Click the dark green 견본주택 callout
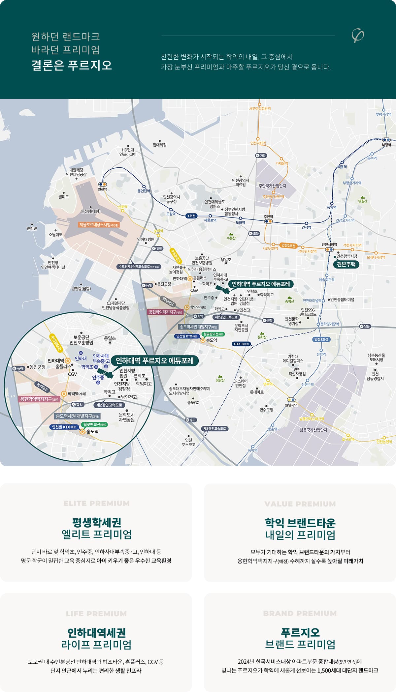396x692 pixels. [346, 264]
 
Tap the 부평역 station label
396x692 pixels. [386, 145]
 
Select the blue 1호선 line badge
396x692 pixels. [191, 216]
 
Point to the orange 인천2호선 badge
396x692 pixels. [288, 245]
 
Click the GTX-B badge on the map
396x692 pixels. [241, 344]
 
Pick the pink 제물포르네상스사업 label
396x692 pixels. [99, 225]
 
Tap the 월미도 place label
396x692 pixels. [63, 197]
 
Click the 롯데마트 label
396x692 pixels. [257, 392]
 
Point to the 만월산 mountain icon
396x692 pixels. [362, 197]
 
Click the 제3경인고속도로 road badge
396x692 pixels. [214, 428]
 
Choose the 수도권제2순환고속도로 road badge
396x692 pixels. [139, 266]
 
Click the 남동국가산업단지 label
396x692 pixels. [313, 430]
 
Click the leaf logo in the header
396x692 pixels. [357, 36]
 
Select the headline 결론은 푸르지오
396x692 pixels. [72, 65]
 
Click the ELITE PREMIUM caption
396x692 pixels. [96, 503]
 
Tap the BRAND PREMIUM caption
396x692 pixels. [300, 613]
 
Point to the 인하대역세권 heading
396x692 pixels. [96, 632]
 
